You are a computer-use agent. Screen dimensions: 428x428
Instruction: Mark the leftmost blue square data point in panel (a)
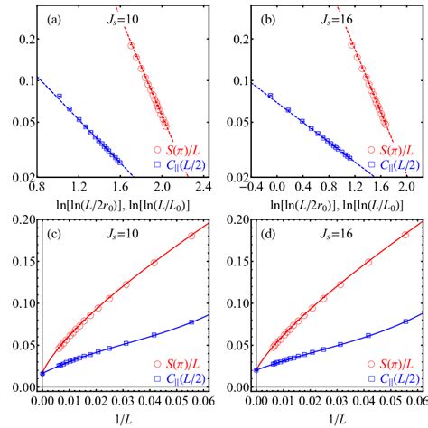59,97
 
